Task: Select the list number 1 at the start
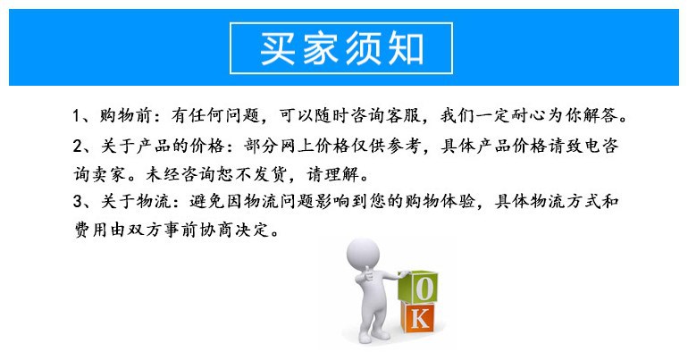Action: (x=78, y=117)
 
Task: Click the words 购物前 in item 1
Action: (x=126, y=117)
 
